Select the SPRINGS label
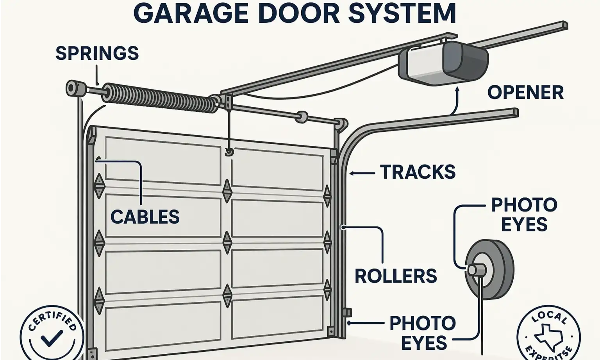click(x=97, y=53)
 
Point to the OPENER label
click(x=525, y=93)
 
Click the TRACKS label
click(x=418, y=172)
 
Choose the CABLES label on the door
click(x=145, y=217)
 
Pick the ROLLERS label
click(x=395, y=276)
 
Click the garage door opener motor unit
click(x=443, y=63)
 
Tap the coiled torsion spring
click(x=160, y=98)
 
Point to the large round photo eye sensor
click(x=490, y=270)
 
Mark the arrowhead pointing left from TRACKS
click(x=352, y=173)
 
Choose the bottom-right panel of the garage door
click(x=277, y=317)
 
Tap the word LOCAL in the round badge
click(x=549, y=317)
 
